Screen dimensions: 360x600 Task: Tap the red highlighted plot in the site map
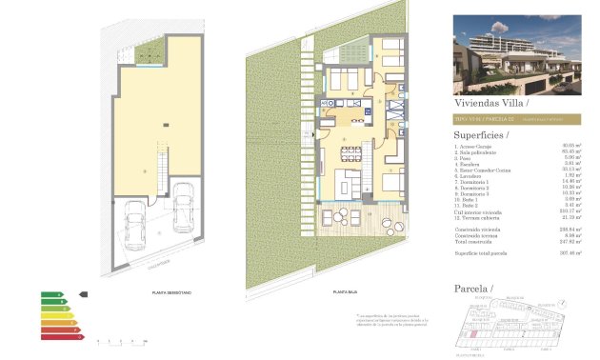pos(472,334)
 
